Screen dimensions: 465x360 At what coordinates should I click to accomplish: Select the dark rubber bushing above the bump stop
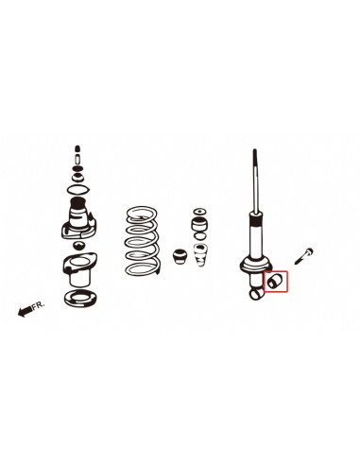click(199, 228)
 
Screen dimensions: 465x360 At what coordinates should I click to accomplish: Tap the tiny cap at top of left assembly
click(78, 150)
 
